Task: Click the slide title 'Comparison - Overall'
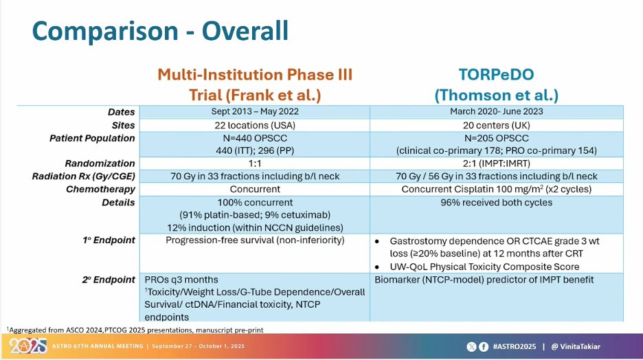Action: [160, 31]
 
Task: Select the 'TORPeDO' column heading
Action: [496, 75]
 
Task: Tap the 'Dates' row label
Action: [121, 112]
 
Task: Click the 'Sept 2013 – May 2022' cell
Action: [255, 111]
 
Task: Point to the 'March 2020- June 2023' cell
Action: [496, 111]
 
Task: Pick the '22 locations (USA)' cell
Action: [255, 125]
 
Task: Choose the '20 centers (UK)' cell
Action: [496, 125]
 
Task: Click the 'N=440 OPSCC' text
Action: [255, 138]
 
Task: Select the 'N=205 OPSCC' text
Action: [496, 138]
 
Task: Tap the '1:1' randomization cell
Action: [255, 164]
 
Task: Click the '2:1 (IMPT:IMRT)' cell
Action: [496, 164]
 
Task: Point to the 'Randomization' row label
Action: [100, 164]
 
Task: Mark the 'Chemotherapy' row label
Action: [100, 190]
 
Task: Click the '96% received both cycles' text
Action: [496, 203]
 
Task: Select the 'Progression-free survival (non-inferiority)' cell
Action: [255, 240]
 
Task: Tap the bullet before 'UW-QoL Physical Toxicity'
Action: [377, 267]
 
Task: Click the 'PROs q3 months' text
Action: [181, 280]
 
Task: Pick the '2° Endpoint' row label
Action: [109, 280]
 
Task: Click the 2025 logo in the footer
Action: [28, 346]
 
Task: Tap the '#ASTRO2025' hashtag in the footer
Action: [515, 346]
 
